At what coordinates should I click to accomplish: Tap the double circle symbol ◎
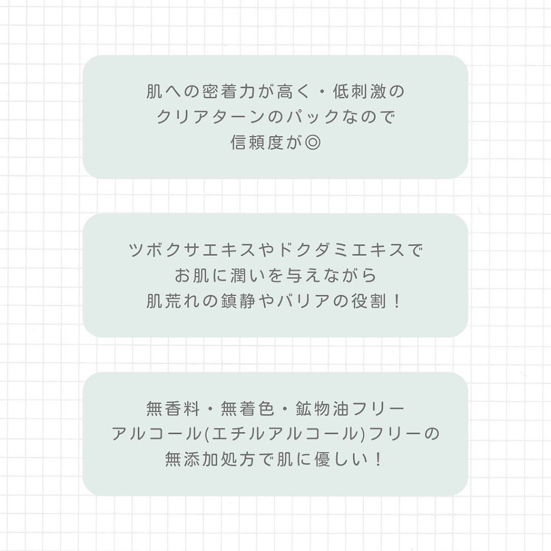[312, 142]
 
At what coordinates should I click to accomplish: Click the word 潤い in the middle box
[242, 275]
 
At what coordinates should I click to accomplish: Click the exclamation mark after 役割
[397, 301]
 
